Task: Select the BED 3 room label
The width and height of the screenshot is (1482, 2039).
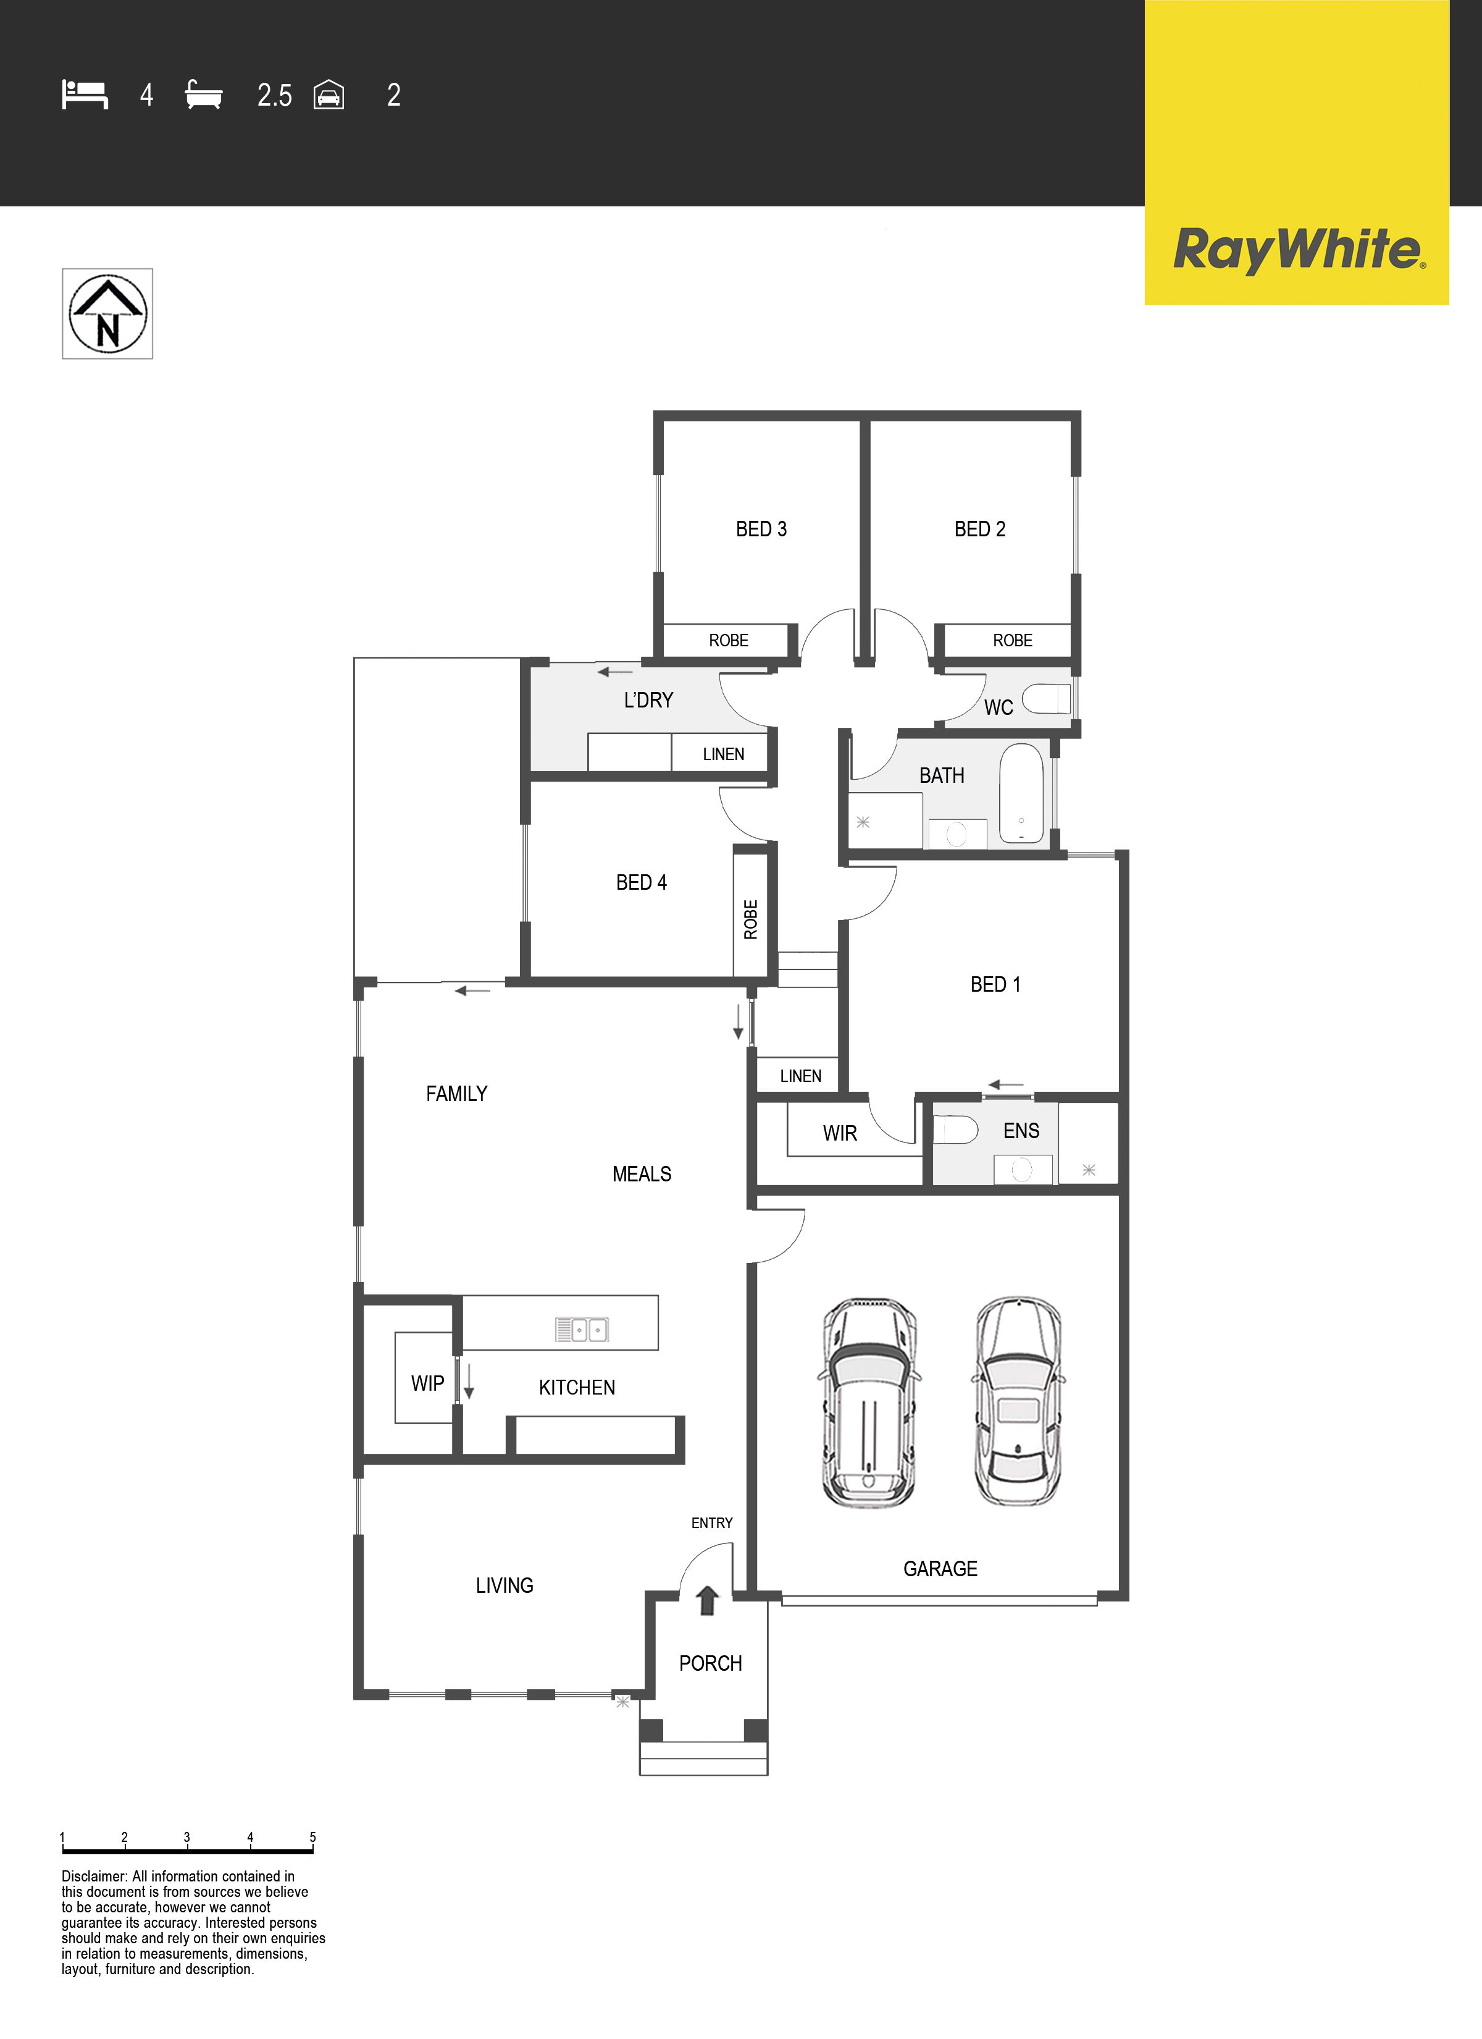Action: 761,529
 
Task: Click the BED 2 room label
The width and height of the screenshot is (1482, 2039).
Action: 979,529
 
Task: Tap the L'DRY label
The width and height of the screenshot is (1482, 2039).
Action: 648,699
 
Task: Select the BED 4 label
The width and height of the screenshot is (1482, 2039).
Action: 642,882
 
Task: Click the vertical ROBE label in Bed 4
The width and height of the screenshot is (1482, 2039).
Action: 750,919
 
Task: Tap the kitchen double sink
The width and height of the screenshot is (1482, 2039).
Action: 582,1329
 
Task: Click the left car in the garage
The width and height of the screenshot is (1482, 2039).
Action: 868,1403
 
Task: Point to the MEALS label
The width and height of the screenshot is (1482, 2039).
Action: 642,1173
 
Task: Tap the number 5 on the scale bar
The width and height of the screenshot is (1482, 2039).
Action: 312,1837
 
